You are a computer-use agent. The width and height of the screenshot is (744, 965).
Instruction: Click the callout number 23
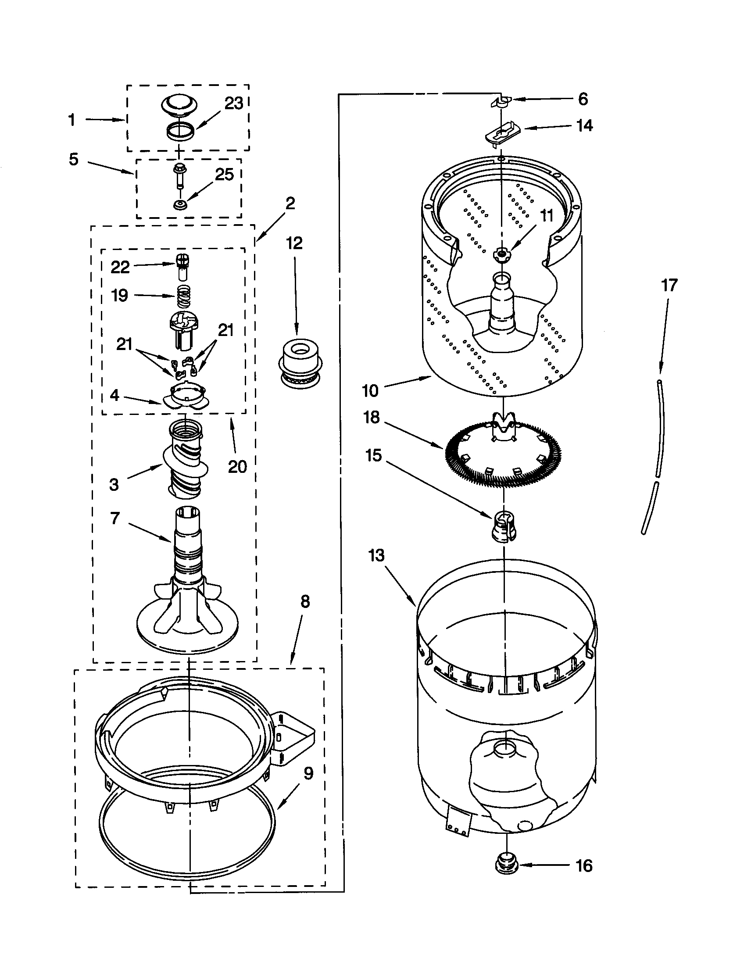point(234,104)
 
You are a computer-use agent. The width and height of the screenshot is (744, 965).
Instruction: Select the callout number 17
point(669,286)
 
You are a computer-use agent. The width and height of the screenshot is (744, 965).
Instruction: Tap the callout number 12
point(294,243)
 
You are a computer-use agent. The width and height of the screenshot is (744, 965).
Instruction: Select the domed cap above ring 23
point(179,107)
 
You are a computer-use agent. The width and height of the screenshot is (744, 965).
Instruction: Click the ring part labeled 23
point(180,131)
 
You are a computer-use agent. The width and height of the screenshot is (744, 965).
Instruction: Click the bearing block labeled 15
point(504,526)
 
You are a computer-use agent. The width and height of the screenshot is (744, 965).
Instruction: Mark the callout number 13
point(376,555)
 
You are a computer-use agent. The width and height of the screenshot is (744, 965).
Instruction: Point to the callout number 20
point(237,467)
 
